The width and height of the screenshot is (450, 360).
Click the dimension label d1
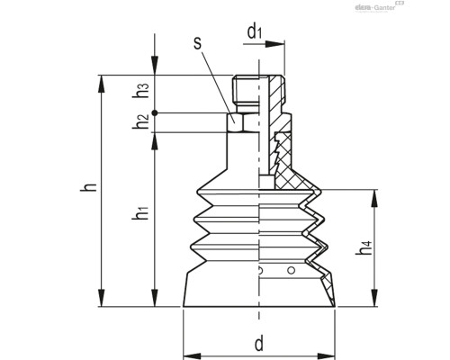[x=256, y=32]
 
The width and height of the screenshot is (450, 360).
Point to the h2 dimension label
[x=142, y=121]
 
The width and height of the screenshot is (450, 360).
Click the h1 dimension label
[x=142, y=217]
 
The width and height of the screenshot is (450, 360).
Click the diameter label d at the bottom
[x=259, y=343]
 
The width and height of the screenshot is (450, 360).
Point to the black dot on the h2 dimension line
[x=155, y=112]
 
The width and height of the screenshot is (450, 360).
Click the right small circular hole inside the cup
[x=289, y=271]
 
